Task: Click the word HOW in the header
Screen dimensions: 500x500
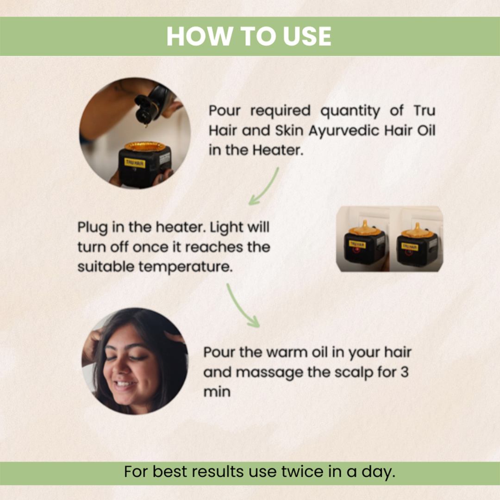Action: pyautogui.click(x=200, y=36)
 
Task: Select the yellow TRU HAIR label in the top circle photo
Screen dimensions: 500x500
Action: pyautogui.click(x=135, y=162)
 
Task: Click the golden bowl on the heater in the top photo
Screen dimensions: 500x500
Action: pyautogui.click(x=145, y=147)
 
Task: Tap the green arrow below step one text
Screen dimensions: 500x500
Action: pyautogui.click(x=264, y=187)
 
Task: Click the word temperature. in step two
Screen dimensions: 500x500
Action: pyautogui.click(x=185, y=267)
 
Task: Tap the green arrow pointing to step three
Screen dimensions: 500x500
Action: pyautogui.click(x=242, y=306)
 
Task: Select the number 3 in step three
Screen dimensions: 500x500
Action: pyautogui.click(x=404, y=372)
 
